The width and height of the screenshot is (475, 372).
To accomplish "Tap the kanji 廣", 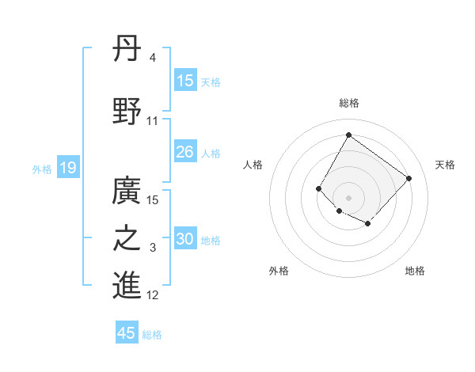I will [x=127, y=189].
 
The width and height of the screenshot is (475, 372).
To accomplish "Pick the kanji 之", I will [x=127, y=238].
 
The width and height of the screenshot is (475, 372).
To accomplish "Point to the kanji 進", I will [x=127, y=285].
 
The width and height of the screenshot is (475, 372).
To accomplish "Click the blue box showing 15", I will [x=185, y=80].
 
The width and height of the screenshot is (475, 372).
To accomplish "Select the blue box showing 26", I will [x=185, y=152].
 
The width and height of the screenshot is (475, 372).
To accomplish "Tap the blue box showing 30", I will [x=185, y=239].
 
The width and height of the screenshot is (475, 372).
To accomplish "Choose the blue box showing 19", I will [x=67, y=167].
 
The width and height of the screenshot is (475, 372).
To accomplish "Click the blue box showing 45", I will [x=127, y=333].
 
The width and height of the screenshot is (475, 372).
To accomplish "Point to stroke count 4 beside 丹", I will [x=152, y=58].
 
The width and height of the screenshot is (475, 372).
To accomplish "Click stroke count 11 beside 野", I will [x=153, y=121].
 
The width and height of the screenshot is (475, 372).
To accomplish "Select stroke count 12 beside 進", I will [x=153, y=295].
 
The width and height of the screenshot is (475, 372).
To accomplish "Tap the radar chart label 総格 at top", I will [x=348, y=103].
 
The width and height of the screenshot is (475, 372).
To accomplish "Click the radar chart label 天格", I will [x=445, y=165].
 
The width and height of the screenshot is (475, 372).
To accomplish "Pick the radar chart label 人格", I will [x=253, y=165].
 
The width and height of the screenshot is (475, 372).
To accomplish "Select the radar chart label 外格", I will [x=279, y=271].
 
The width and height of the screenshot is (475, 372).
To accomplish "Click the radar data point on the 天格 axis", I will [x=408, y=178].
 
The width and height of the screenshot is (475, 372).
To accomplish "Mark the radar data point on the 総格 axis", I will [x=348, y=135].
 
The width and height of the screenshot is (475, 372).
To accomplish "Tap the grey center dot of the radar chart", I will [x=348, y=197].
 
